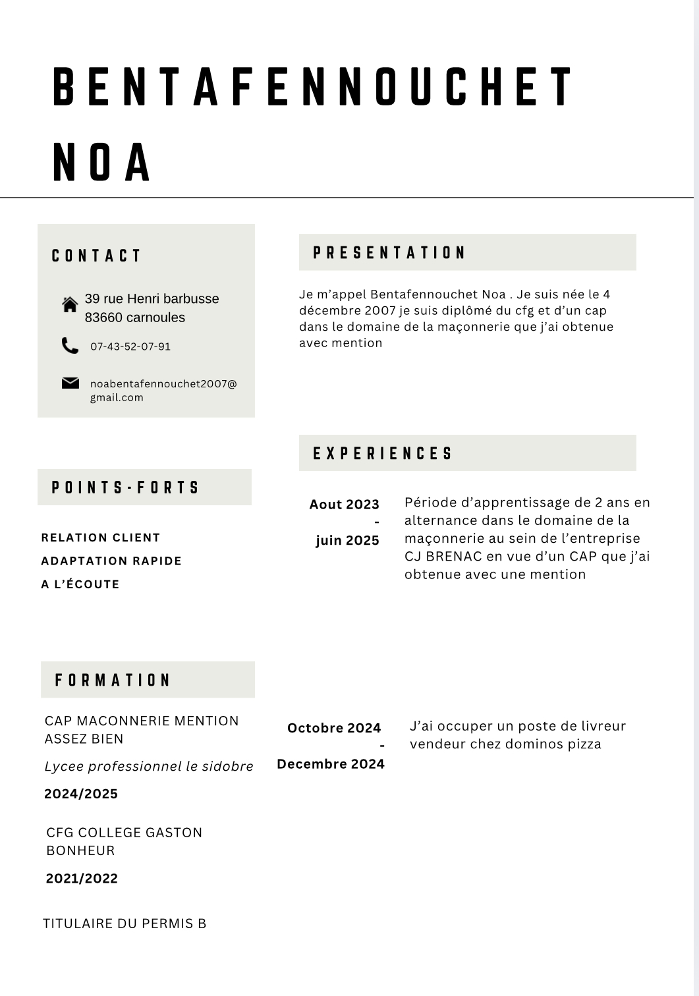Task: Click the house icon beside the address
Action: tap(70, 304)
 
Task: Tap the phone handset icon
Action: tap(70, 346)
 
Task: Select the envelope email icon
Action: tap(70, 383)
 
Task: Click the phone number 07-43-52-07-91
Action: tap(130, 346)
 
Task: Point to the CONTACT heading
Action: tap(97, 256)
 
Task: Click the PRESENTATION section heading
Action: tap(389, 253)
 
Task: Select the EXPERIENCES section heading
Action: tap(383, 453)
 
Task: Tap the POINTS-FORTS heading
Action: tap(125, 487)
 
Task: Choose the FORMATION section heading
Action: tap(113, 680)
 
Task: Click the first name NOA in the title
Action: tap(102, 162)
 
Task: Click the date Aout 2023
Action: tap(344, 505)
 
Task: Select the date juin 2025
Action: tap(347, 541)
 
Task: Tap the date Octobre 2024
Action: tap(334, 728)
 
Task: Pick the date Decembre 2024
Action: tap(331, 764)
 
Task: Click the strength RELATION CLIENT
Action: tap(101, 538)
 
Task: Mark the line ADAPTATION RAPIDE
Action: tap(111, 561)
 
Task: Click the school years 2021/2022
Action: tap(82, 879)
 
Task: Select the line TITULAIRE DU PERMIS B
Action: tap(125, 924)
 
